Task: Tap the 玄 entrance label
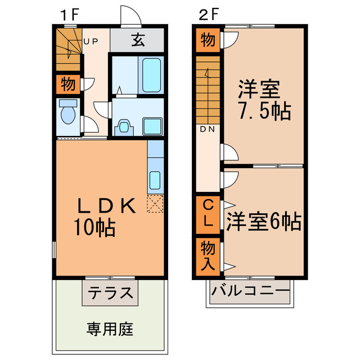(x=138, y=40)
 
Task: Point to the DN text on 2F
(x=207, y=129)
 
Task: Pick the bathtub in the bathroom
(x=152, y=74)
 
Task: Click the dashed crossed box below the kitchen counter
(x=155, y=204)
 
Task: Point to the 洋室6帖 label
(x=264, y=220)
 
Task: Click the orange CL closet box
(x=208, y=213)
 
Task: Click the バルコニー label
(x=251, y=292)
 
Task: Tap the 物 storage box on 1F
(x=67, y=85)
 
